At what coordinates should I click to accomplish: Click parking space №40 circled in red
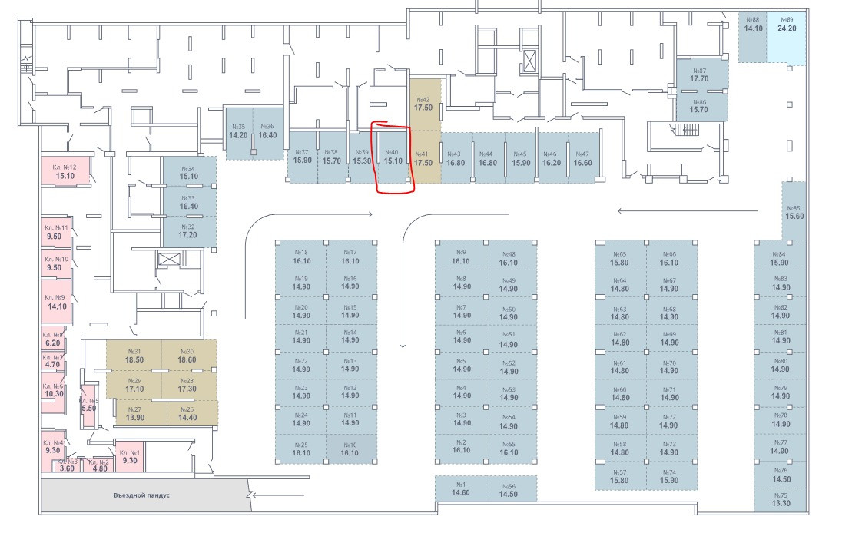click(x=393, y=157)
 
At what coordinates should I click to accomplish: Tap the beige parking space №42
click(x=423, y=104)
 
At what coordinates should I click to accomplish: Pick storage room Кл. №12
click(x=65, y=171)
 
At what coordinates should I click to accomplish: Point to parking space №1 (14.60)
click(x=461, y=489)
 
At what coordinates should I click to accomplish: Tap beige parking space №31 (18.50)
click(x=134, y=355)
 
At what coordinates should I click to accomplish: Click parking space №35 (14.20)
click(x=238, y=131)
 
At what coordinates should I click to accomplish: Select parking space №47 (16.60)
click(x=582, y=158)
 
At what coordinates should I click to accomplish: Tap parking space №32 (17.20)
click(x=188, y=230)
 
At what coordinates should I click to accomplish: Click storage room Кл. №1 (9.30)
click(x=130, y=456)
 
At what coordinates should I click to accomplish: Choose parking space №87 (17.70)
click(x=698, y=74)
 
